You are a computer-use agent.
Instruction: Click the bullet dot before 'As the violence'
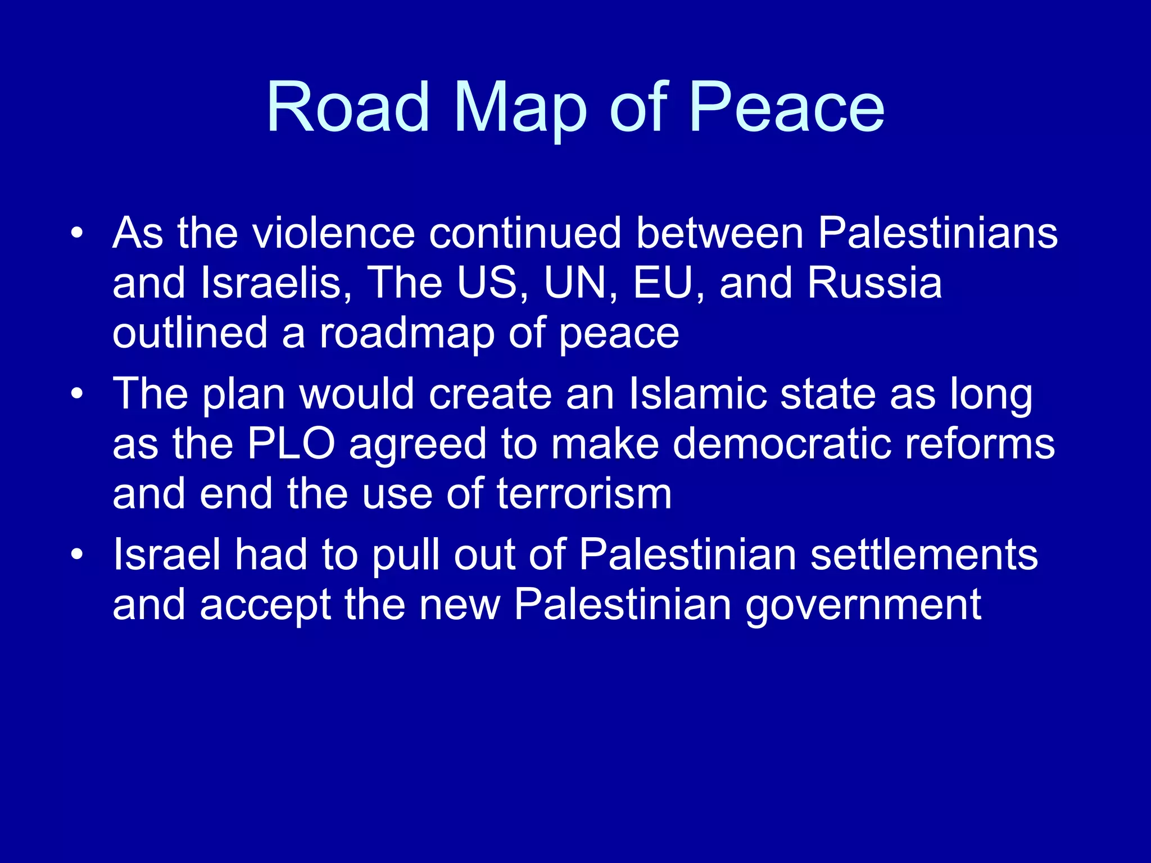click(77, 233)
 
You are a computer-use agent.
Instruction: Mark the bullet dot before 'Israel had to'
click(77, 555)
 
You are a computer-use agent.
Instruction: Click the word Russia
click(874, 283)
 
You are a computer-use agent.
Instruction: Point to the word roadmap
click(407, 333)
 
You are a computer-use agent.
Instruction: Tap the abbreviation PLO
click(291, 444)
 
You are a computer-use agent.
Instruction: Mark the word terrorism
click(584, 494)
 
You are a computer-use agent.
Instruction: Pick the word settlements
click(924, 555)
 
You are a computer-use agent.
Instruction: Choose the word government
click(863, 605)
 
